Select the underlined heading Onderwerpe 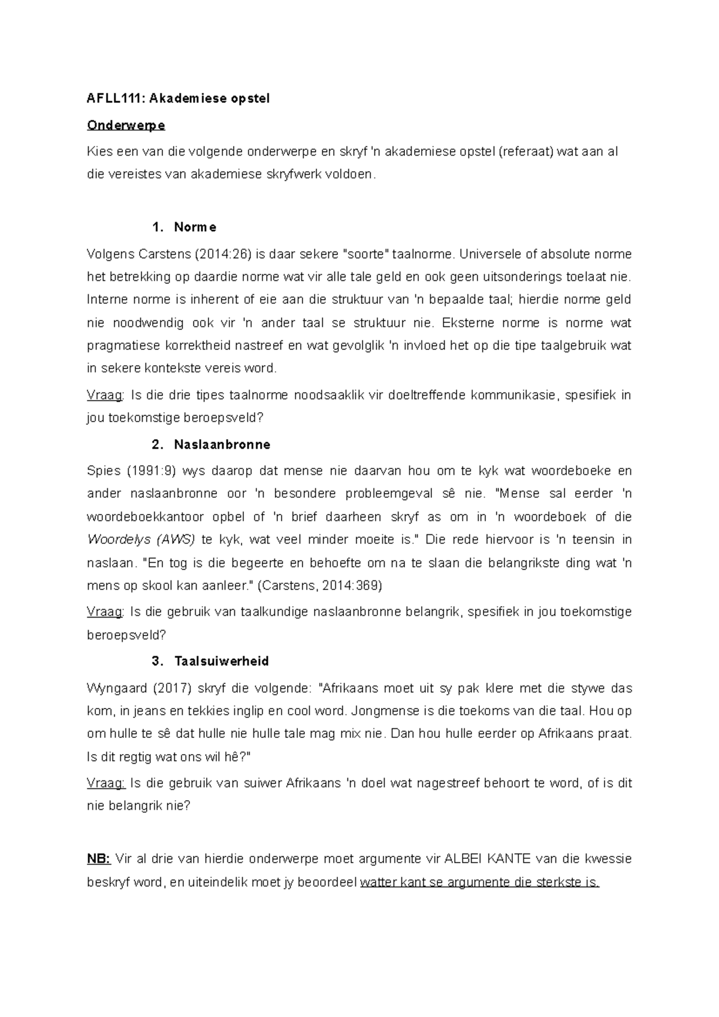pos(126,125)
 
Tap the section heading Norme pos(195,227)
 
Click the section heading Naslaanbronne pos(222,444)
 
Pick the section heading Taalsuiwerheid pos(221,661)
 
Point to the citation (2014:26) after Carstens pos(223,254)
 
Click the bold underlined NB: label pos(98,859)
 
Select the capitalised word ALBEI pos(463,859)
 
